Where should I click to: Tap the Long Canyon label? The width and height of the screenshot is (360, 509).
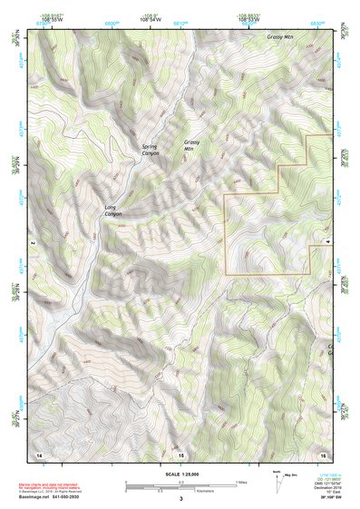(x=112, y=212)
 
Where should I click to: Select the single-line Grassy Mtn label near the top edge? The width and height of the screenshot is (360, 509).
(x=280, y=37)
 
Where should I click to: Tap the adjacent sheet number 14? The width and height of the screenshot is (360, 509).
(x=38, y=452)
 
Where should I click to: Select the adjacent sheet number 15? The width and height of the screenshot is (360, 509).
(x=180, y=452)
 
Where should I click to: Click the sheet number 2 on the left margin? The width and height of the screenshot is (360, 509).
(x=32, y=244)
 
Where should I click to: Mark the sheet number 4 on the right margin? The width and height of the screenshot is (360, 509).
(x=327, y=244)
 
